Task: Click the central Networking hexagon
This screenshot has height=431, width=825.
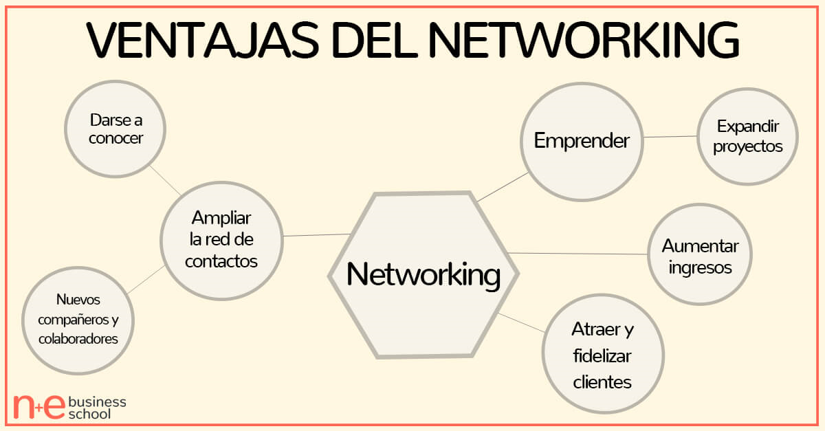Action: (423, 275)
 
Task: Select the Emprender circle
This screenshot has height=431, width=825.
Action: (582, 142)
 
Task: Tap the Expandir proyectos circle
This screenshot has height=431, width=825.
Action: (747, 137)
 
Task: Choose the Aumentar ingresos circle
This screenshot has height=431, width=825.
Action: (700, 255)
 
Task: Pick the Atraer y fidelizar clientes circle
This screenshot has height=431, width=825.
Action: (603, 355)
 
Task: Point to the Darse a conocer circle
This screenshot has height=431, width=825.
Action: (115, 129)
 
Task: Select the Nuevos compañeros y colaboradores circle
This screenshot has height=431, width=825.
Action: (78, 319)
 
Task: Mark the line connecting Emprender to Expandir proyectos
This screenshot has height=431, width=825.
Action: (670, 137)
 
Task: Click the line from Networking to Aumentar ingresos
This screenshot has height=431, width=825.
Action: (577, 254)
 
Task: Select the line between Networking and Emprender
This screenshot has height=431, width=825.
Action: (503, 187)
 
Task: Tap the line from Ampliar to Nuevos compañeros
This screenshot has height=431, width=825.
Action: (145, 280)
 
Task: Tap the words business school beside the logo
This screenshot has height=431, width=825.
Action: (97, 407)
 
